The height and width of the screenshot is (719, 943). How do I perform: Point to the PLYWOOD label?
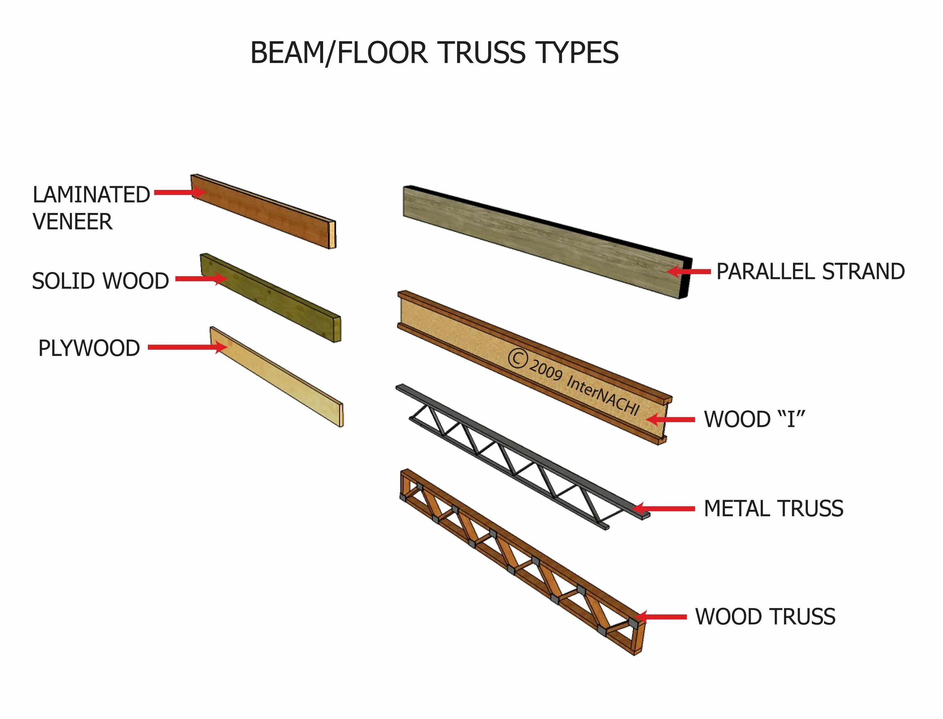tap(89, 348)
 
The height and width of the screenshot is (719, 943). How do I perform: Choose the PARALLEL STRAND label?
tap(810, 271)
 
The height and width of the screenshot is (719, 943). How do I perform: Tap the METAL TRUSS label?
tap(773, 509)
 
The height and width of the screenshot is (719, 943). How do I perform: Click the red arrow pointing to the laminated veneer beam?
tap(179, 192)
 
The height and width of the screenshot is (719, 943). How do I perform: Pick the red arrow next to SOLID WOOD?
tap(201, 279)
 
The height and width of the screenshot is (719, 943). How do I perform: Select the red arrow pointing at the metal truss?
tap(663, 509)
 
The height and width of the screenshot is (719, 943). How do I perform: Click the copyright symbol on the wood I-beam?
tap(517, 359)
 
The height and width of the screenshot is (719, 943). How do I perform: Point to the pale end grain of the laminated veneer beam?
tap(332, 235)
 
